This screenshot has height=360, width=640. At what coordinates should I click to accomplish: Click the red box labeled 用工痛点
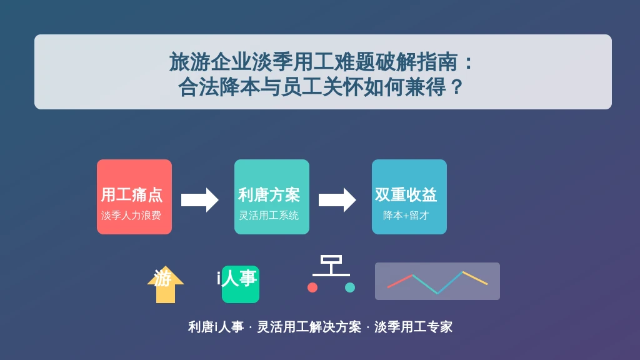134,197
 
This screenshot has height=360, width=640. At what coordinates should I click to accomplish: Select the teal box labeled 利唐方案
272,197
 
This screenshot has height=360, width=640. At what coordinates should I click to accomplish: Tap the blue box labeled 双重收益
409,197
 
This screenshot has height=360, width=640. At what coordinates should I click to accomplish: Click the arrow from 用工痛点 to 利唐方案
200,200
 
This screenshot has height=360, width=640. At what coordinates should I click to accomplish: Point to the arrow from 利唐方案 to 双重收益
337,200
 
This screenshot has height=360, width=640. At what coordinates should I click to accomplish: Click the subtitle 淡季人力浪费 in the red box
131,216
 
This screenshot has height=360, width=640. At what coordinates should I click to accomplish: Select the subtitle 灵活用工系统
269,216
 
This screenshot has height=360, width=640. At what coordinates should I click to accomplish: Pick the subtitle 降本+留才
406,216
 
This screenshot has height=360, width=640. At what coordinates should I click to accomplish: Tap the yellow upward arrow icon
166,285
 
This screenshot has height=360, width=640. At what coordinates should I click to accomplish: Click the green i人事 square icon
241,284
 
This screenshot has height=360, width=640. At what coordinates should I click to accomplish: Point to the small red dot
312,287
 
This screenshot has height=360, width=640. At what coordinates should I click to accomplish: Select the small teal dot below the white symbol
350,287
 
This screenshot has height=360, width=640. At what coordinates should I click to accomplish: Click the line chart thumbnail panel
437,281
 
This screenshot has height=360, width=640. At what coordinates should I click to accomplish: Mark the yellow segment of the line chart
475,278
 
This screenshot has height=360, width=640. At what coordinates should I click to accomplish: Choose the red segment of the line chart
401,281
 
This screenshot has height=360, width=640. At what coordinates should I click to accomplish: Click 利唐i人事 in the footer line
216,327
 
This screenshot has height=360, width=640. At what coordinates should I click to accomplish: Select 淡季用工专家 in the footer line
414,327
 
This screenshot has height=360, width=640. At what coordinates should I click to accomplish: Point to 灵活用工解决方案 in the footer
309,327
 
